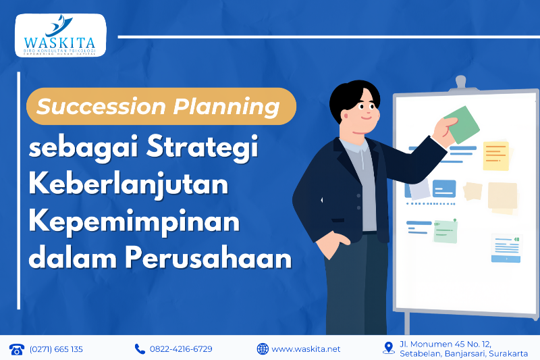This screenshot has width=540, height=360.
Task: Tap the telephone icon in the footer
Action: coord(16,349)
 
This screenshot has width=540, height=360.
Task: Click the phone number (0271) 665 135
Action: coord(56,349)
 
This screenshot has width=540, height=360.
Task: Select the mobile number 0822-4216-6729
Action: coord(181,349)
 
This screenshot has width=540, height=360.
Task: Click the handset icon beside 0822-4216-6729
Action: coord(140,349)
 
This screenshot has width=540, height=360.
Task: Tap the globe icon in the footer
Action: coord(263,349)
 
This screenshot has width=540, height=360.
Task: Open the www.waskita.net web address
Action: coord(306,349)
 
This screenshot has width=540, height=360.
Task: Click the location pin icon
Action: coord(388,348)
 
